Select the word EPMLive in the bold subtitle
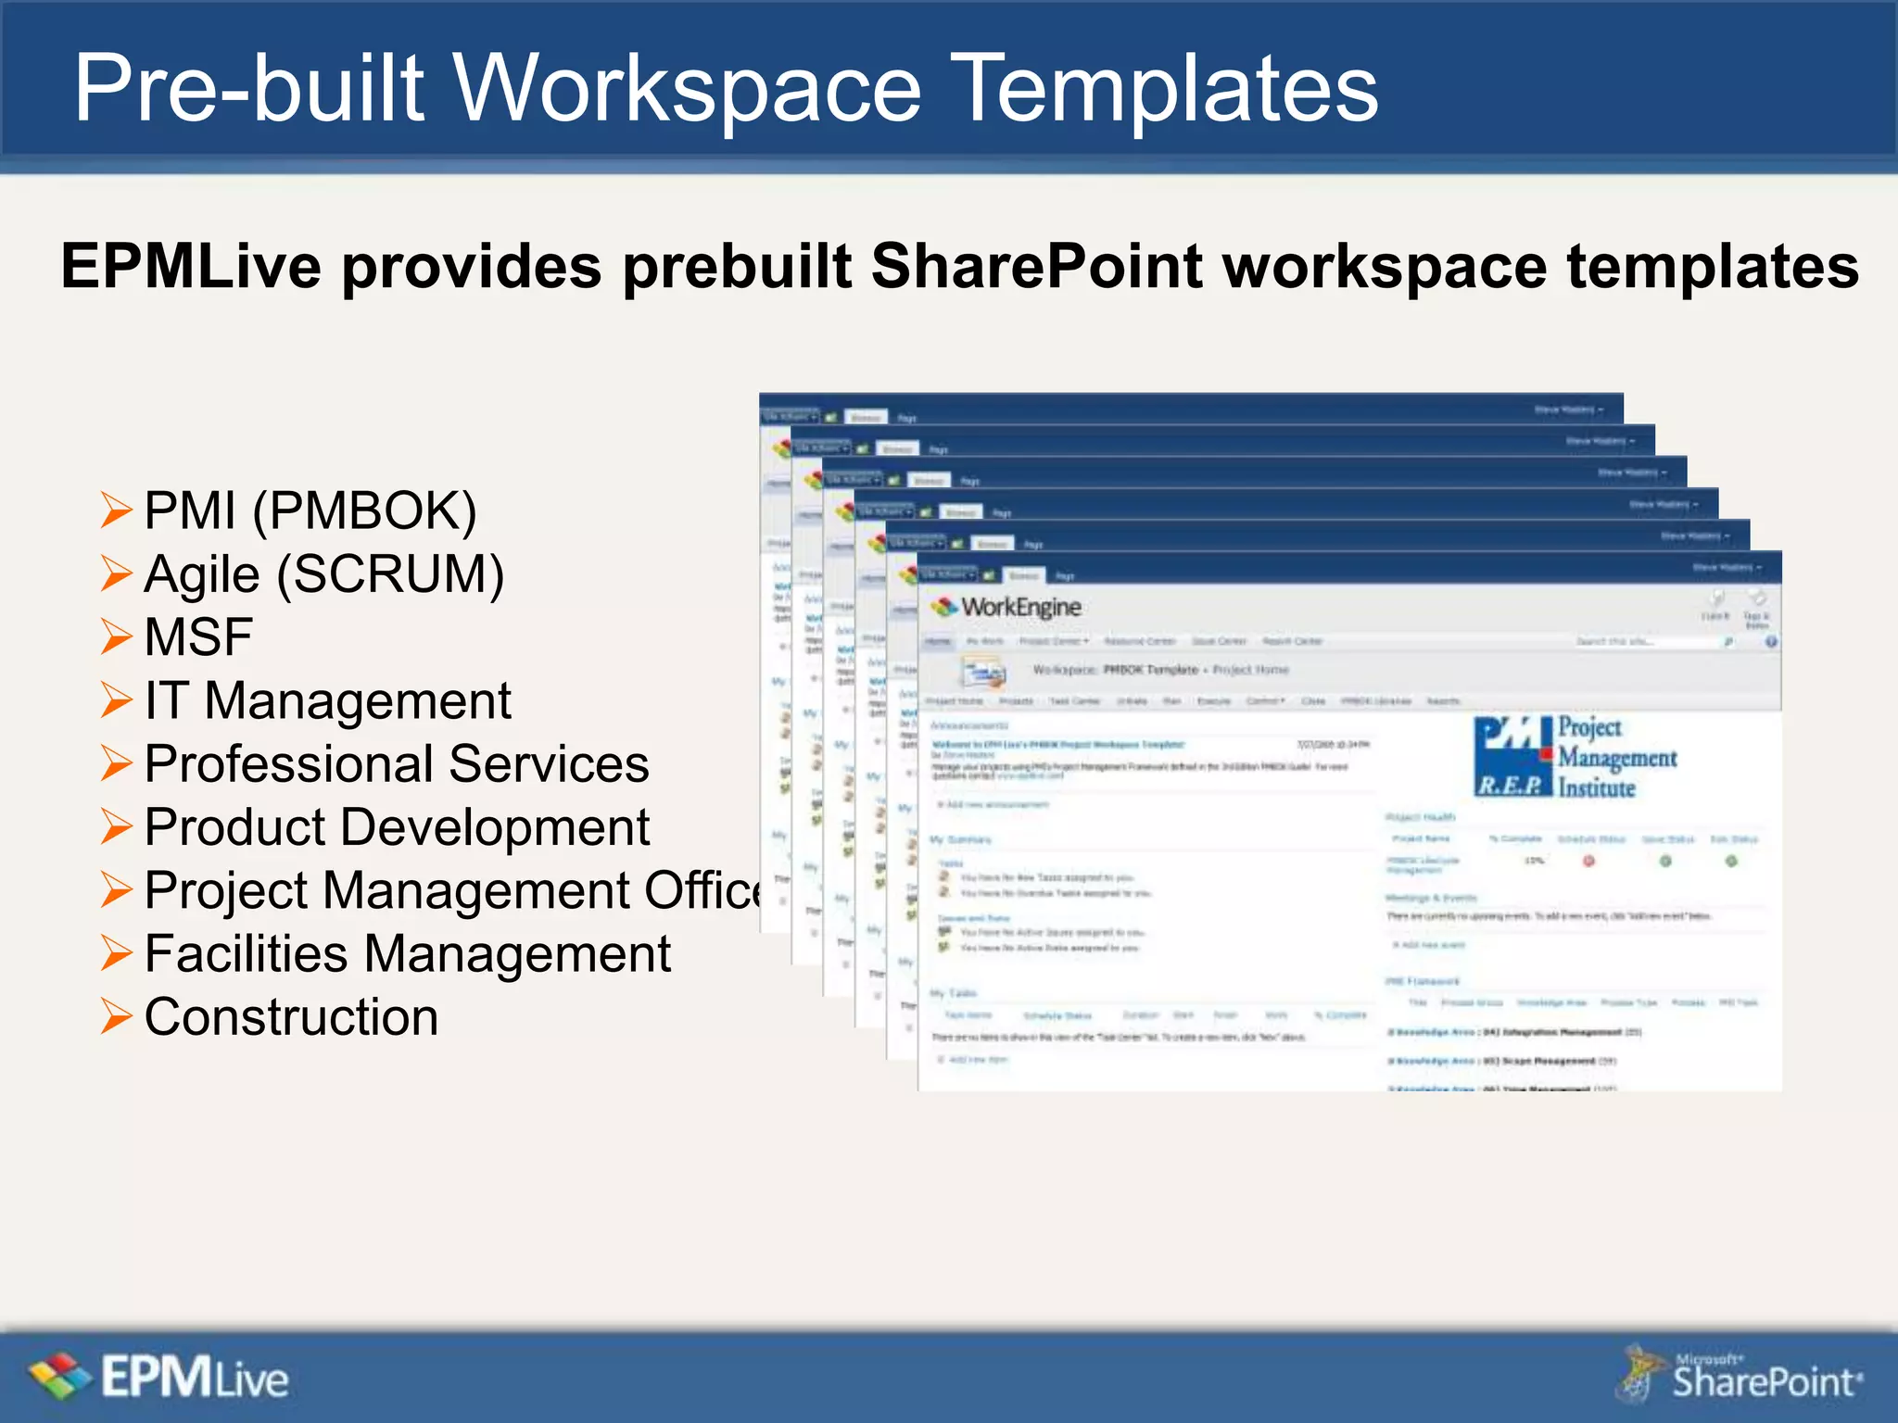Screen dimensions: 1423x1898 [x=192, y=267]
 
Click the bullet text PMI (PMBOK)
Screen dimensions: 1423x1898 [x=310, y=510]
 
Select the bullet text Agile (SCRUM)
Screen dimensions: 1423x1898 [x=324, y=574]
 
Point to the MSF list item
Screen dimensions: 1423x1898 [x=198, y=637]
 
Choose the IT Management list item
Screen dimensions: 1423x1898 [x=327, y=700]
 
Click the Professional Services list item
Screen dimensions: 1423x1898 [x=397, y=764]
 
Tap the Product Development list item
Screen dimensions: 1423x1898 [x=397, y=827]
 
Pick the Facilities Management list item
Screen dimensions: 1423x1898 [x=408, y=954]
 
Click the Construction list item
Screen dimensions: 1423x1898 [x=291, y=1017]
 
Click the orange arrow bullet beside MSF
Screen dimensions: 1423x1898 [x=117, y=637]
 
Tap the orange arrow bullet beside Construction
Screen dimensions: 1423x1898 [x=117, y=1017]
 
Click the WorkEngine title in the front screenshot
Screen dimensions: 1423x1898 [x=1019, y=608]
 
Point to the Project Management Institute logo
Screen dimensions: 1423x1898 [x=1575, y=757]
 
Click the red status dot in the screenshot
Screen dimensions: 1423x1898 [x=1588, y=862]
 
